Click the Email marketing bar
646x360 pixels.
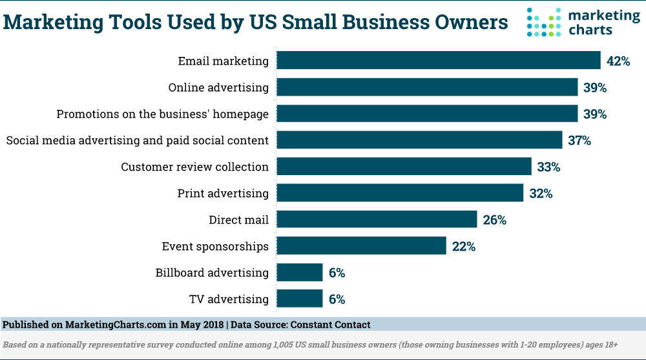439,61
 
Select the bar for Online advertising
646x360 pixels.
427,87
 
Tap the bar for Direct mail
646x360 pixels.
377,220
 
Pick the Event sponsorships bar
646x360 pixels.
361,246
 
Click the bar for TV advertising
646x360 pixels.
299,299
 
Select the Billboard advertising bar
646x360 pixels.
299,272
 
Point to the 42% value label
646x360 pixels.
618,61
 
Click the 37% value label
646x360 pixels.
579,140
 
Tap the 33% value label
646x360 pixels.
548,167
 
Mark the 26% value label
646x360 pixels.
495,220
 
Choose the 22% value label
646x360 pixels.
464,246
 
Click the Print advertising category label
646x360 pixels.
223,193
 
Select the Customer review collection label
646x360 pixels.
194,167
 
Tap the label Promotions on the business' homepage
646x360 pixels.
162,114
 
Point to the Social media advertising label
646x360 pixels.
137,140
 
